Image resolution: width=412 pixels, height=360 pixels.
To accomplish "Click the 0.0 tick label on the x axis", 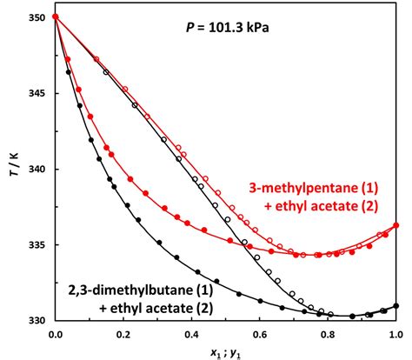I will click(56, 333).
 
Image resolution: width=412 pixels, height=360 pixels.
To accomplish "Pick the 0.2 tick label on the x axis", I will click(123, 333).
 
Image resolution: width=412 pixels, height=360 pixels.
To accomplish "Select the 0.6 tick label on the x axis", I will click(260, 333).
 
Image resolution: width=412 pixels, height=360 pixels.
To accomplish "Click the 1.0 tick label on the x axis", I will click(395, 333).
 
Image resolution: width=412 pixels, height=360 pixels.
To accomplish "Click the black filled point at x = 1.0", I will click(396, 305).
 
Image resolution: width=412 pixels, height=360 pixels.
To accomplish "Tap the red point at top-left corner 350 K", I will click(56, 17).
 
